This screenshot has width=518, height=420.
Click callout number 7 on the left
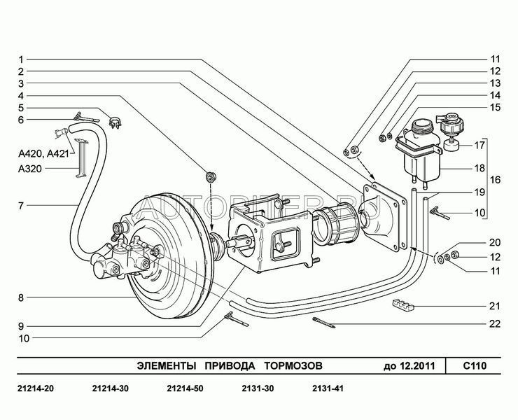(21, 206)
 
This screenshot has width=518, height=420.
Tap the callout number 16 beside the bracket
(496, 180)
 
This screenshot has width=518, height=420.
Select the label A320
(30, 169)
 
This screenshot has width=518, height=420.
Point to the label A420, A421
(43, 154)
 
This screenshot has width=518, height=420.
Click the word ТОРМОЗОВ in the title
(293, 366)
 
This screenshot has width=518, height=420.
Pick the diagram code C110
(475, 366)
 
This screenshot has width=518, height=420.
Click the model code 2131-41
(328, 388)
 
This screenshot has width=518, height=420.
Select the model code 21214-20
(35, 388)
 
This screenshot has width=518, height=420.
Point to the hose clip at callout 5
(115, 122)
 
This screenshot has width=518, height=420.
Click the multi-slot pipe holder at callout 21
(402, 306)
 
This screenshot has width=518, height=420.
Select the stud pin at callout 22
(323, 322)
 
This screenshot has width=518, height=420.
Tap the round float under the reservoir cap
(451, 144)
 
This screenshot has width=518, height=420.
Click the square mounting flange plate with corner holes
(385, 216)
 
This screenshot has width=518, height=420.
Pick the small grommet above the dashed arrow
(211, 176)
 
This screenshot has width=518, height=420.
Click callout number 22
(495, 324)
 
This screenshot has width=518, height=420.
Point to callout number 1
(21, 59)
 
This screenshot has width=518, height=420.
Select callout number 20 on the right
(495, 243)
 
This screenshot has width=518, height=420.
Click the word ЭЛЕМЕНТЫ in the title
(166, 366)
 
